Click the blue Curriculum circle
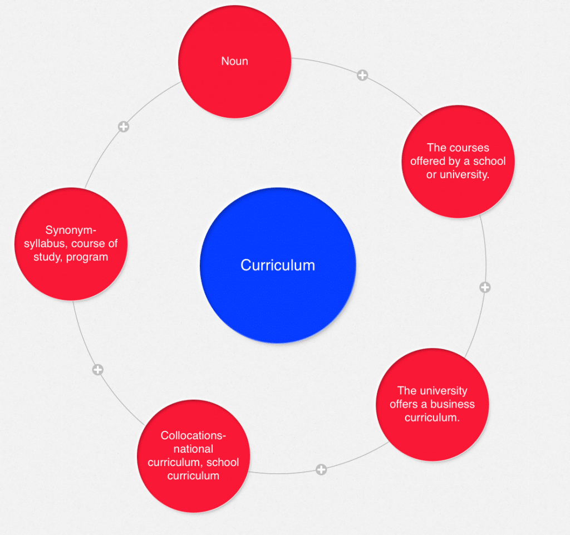pyautogui.click(x=277, y=265)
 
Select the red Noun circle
pyautogui.click(x=234, y=61)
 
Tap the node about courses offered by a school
pyautogui.click(x=458, y=161)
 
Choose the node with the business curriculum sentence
pyautogui.click(x=432, y=404)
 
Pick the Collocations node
pyautogui.click(x=193, y=455)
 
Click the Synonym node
pyautogui.click(x=71, y=244)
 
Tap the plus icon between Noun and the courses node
pyautogui.click(x=362, y=75)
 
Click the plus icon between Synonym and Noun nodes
pyautogui.click(x=124, y=127)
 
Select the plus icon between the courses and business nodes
pyautogui.click(x=485, y=287)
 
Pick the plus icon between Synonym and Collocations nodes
pyautogui.click(x=97, y=370)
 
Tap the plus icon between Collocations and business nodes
pyautogui.click(x=321, y=470)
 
